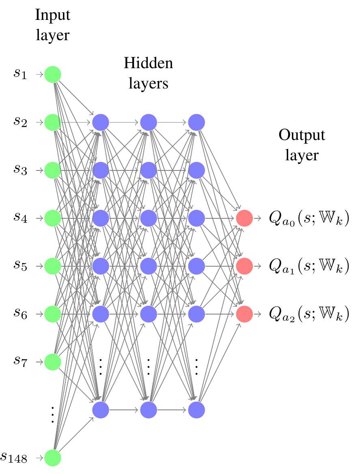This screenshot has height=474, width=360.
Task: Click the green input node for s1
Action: coord(53,75)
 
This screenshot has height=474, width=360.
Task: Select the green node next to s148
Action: coord(53,458)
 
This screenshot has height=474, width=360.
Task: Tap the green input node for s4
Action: coord(53,218)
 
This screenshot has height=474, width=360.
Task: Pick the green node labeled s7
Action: coord(53,362)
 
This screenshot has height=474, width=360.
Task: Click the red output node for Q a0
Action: coord(244,218)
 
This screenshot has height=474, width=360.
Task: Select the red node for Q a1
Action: coord(244,266)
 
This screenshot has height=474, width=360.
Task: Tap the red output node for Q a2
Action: coord(244,314)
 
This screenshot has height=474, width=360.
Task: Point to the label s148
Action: coord(14,458)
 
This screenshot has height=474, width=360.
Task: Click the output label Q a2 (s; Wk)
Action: coord(309,314)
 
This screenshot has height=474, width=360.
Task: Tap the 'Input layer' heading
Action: coord(53,25)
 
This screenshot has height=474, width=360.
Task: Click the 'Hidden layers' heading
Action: coord(148,73)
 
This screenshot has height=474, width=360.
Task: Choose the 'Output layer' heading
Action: coord(302,145)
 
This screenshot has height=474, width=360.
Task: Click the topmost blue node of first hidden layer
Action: coord(101,122)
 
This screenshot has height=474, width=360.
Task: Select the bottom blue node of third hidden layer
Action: coord(196,409)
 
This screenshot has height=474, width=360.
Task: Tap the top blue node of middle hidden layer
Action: coord(149,122)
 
